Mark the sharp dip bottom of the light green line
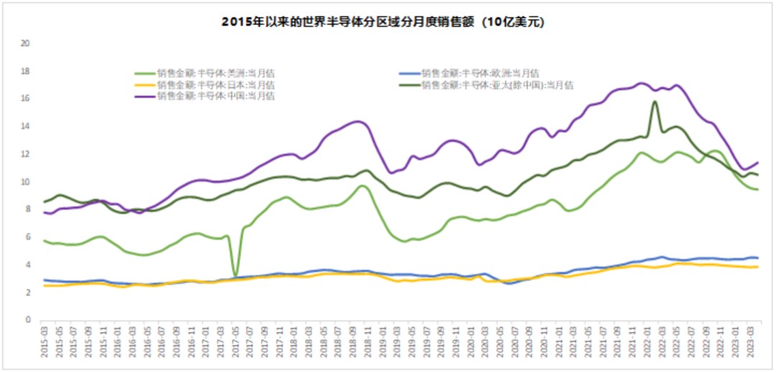point(236,276)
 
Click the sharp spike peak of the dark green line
point(655,101)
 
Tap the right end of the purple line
point(758,162)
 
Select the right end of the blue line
point(758,258)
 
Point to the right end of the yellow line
point(758,266)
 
